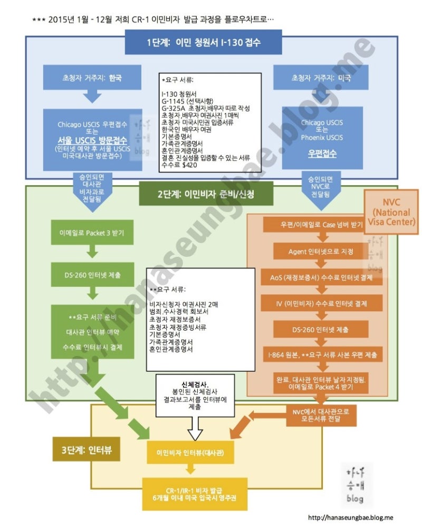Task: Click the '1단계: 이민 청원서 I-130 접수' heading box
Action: point(203,42)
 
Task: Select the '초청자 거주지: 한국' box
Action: point(92,78)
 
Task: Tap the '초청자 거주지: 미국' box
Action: point(321,78)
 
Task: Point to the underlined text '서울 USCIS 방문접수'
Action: point(92,140)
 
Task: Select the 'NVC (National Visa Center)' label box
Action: point(391,212)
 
